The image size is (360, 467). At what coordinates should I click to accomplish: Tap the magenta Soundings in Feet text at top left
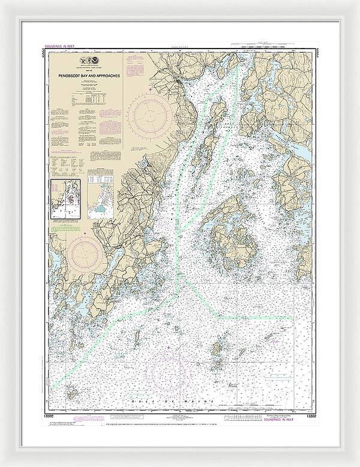coord(56,46)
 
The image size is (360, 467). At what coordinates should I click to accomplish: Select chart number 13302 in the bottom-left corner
coord(50,414)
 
